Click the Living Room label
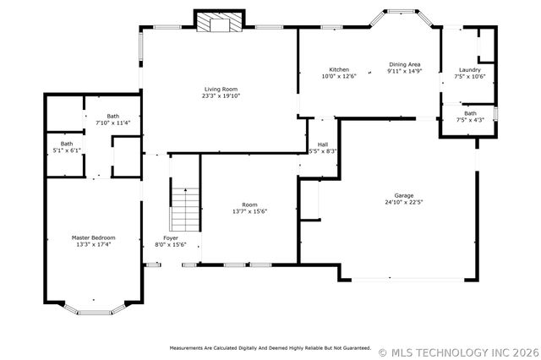click(x=221, y=89)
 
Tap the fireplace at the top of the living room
click(x=220, y=22)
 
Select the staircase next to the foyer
click(x=186, y=210)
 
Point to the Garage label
click(x=404, y=195)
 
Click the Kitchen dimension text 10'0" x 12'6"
click(x=339, y=76)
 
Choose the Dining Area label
click(x=405, y=64)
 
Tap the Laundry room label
click(x=470, y=69)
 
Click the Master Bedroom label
click(x=94, y=237)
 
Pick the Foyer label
click(x=171, y=238)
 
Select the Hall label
click(x=323, y=145)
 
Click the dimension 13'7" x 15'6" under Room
click(x=250, y=211)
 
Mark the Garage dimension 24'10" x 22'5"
click(x=404, y=202)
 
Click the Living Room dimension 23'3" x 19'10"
click(x=221, y=95)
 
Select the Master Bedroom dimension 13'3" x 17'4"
click(x=94, y=244)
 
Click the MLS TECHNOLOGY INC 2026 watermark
click(x=459, y=352)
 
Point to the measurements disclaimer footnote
click(x=270, y=348)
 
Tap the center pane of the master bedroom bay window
click(x=94, y=314)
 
